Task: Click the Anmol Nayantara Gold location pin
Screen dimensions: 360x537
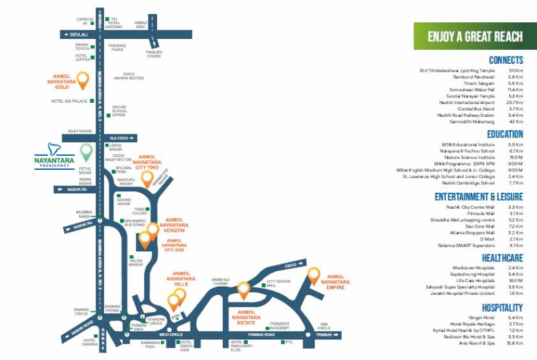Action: coord(83,80)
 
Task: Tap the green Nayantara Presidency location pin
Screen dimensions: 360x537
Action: coord(86,152)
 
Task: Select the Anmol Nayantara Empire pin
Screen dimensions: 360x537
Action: coord(314,275)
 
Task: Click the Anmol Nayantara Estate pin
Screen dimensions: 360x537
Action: coord(243,290)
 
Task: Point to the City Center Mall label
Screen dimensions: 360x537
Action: coord(278,283)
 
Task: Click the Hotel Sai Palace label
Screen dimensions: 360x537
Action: coord(70,101)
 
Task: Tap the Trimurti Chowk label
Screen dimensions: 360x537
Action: coord(154,54)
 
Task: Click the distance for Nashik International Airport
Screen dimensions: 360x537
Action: coord(515,102)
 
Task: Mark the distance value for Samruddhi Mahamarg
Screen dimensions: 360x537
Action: coord(515,121)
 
